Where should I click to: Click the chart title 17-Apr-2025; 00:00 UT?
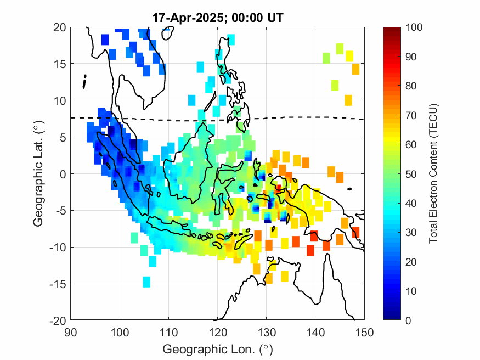click(218, 18)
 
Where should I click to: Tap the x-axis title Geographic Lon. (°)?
click(218, 349)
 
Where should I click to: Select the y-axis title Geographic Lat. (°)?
click(38, 174)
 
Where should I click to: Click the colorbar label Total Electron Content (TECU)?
click(433, 174)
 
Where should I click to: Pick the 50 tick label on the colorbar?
click(413, 174)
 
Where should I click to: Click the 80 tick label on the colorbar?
click(413, 86)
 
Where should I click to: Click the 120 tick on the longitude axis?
click(218, 331)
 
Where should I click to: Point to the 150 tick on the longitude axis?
click(365, 331)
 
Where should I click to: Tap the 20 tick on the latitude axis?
click(60, 27)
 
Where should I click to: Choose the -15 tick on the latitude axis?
click(57, 284)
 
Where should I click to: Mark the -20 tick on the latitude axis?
click(57, 320)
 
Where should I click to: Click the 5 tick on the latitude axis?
click(63, 137)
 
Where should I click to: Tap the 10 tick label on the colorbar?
click(413, 291)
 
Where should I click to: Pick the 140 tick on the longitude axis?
click(316, 331)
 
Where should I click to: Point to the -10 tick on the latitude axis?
click(57, 248)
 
